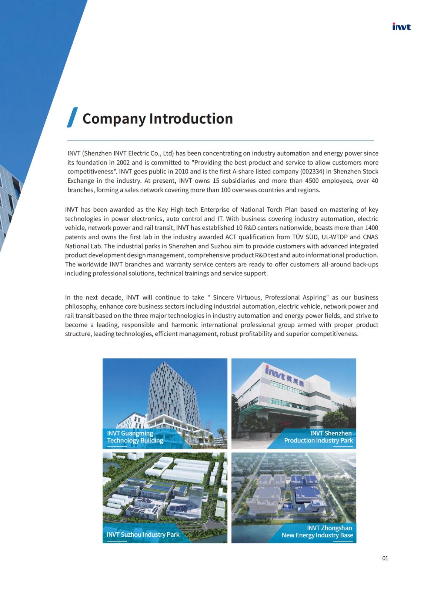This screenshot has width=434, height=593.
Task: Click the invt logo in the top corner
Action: [401, 27]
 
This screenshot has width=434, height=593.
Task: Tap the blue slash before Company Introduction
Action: [72, 117]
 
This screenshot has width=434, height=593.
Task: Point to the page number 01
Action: [385, 558]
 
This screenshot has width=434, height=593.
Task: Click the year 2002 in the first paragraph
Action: [123, 162]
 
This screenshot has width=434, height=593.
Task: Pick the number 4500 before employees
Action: [312, 181]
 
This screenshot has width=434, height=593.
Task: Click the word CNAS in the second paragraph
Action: [370, 237]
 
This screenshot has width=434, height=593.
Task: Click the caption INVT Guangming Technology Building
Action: [135, 437]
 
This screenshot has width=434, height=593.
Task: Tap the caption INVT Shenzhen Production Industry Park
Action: [318, 437]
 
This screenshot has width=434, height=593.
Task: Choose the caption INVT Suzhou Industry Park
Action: [143, 534]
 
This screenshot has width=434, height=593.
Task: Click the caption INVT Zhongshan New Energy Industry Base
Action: [317, 531]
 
